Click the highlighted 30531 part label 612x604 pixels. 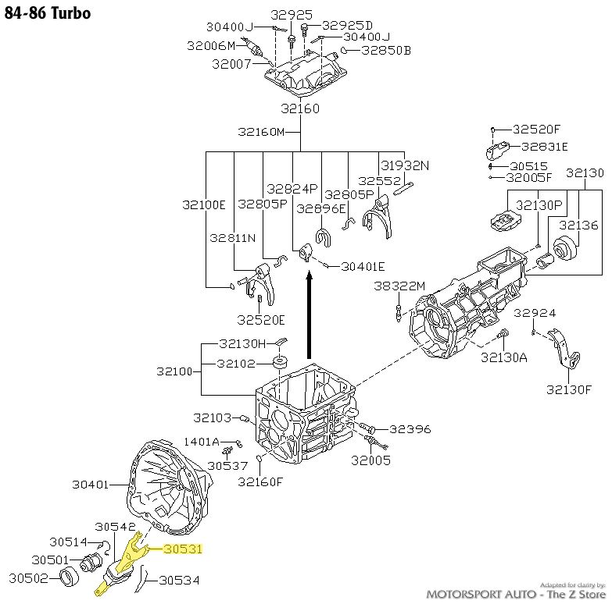click(x=182, y=549)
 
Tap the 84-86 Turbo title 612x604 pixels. click(x=48, y=13)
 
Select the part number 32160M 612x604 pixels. click(x=261, y=131)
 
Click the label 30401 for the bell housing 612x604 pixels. click(x=91, y=485)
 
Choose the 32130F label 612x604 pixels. click(x=569, y=389)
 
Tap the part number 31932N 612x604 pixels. click(x=405, y=165)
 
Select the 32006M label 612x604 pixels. click(x=211, y=46)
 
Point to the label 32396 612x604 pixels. click(x=410, y=428)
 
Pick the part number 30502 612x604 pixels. click(x=29, y=578)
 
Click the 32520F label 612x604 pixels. click(x=537, y=129)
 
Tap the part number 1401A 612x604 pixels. click(x=202, y=442)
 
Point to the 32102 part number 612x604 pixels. click(x=237, y=363)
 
